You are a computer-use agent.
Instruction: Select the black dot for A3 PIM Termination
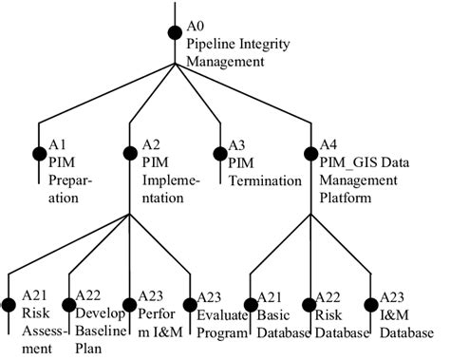[219, 149]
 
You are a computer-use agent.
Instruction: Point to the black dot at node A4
[311, 149]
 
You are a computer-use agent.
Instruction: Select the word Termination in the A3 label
[259, 182]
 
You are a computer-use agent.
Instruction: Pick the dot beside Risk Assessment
[9, 305]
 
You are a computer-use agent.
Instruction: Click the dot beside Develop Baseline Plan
[68, 305]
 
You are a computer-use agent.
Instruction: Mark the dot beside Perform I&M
[129, 305]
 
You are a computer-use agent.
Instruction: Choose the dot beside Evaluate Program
[190, 305]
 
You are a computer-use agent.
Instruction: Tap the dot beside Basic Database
[251, 305]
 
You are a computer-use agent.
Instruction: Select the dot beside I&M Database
[371, 305]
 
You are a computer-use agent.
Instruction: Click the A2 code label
[149, 145]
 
